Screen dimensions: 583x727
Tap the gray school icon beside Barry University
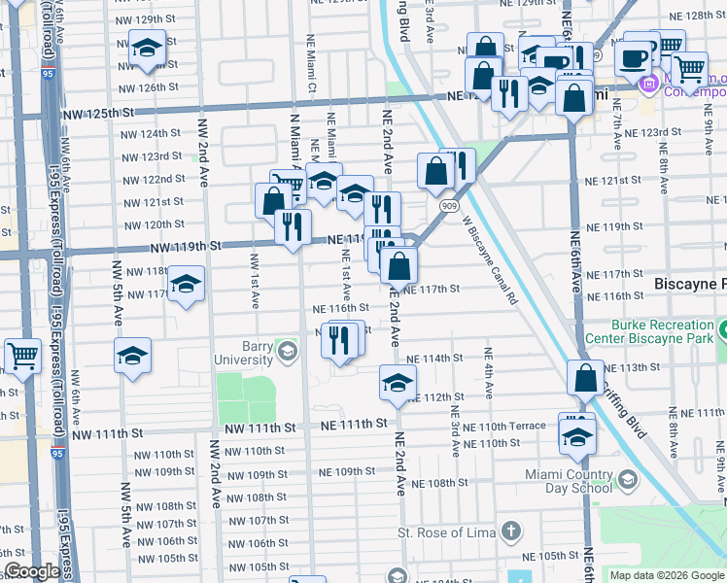(x=287, y=352)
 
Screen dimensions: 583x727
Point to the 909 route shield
(x=448, y=207)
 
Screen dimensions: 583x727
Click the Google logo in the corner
(x=32, y=572)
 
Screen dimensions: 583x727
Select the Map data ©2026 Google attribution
(x=666, y=575)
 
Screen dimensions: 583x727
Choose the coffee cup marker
(x=634, y=59)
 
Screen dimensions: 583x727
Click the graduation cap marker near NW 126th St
(x=147, y=48)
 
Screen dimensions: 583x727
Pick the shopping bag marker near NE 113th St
(x=586, y=377)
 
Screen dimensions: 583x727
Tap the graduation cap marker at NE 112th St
(x=397, y=384)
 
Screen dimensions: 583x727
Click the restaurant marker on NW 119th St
(x=292, y=227)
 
